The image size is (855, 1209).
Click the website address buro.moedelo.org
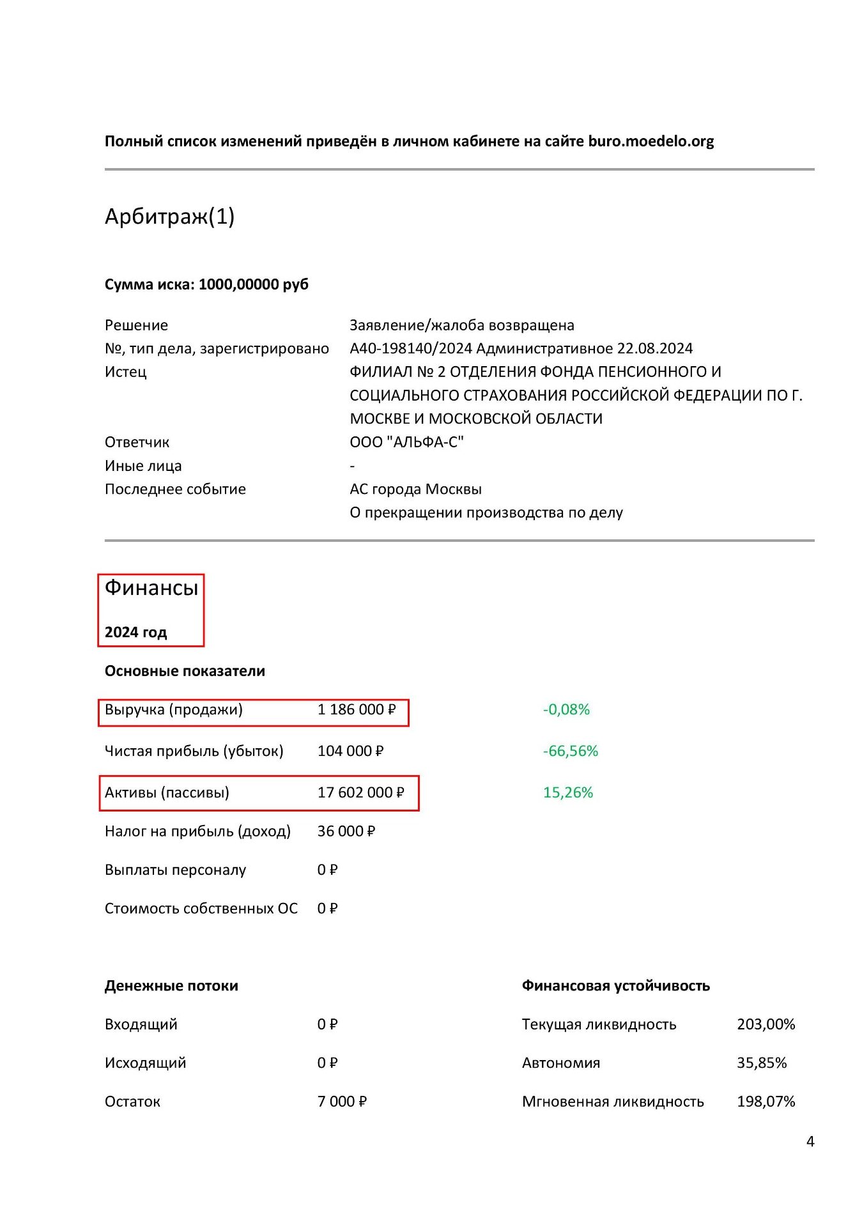point(651,141)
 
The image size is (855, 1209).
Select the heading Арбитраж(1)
point(169,217)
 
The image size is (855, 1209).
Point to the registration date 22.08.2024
point(654,348)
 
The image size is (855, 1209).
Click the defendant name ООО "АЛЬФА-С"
point(406,442)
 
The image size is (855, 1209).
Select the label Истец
point(125,372)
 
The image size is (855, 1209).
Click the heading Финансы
point(151,587)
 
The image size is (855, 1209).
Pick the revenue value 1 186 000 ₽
point(357,709)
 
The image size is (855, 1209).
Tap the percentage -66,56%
point(570,751)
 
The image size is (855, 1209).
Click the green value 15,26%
point(567,792)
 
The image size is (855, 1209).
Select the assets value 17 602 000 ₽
point(360,792)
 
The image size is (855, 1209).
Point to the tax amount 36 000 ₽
point(346,831)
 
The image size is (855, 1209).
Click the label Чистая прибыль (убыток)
point(194,751)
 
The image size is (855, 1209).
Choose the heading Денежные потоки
point(171,985)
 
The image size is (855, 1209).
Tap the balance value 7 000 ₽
point(342,1101)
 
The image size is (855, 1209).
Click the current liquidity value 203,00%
point(766,1024)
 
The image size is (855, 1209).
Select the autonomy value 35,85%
point(762,1063)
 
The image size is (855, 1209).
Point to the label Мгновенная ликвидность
point(613,1101)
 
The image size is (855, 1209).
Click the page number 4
point(810,1142)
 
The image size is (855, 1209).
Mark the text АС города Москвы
point(415,489)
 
